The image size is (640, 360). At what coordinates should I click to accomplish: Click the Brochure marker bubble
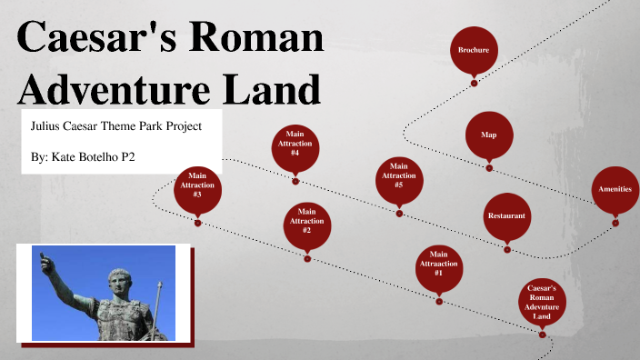click(474, 49)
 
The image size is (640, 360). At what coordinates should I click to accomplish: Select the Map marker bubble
click(488, 135)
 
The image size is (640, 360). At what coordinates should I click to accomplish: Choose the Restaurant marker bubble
click(506, 216)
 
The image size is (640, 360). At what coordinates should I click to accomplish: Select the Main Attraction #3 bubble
click(197, 188)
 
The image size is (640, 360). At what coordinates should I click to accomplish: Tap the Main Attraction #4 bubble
click(295, 147)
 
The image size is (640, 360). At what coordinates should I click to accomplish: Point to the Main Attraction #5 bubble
click(399, 179)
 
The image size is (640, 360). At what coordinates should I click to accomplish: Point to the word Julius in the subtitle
click(45, 125)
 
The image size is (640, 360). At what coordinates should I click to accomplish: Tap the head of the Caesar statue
click(117, 278)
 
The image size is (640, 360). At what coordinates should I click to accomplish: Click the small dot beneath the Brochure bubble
click(474, 83)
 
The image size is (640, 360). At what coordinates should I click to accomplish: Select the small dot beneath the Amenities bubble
click(615, 221)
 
